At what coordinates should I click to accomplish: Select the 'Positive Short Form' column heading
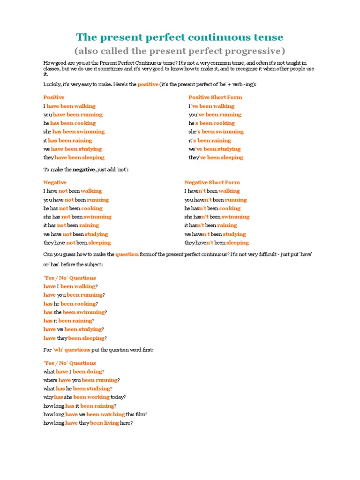click(215, 97)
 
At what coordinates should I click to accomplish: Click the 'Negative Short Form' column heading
click(212, 182)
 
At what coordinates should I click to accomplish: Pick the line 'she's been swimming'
click(216, 132)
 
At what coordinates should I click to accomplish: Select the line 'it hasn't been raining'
click(210, 225)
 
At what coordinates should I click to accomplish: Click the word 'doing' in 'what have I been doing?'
click(94, 372)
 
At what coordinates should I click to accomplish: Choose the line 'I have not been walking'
click(73, 191)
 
